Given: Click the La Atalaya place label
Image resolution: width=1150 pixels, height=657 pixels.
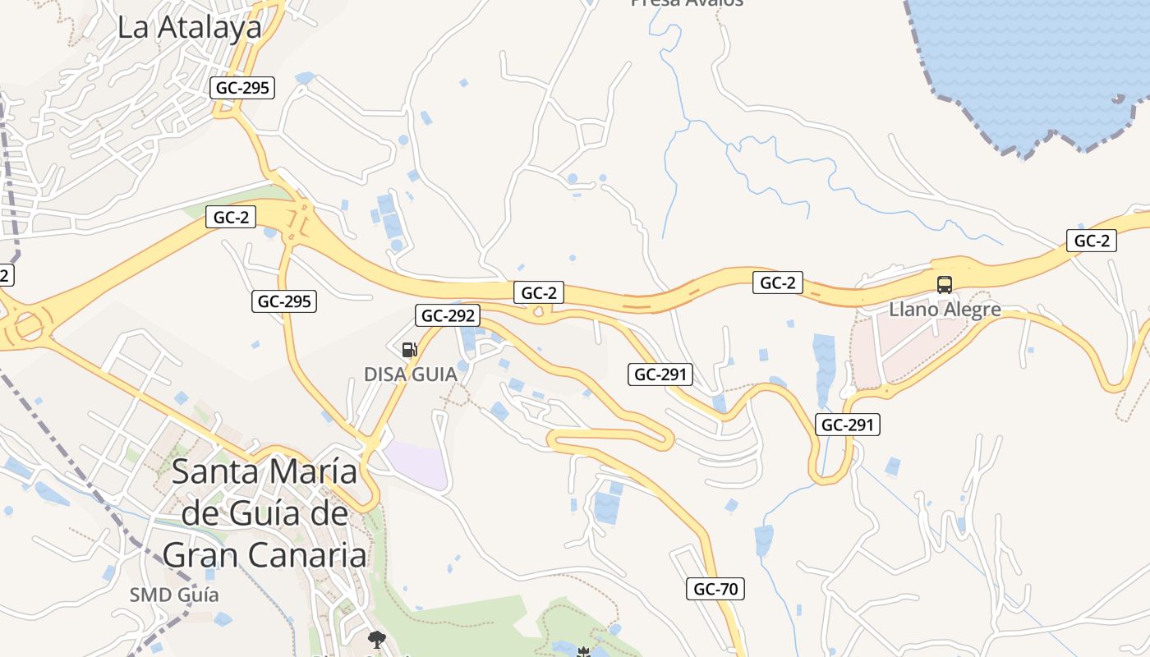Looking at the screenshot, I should point(189,27).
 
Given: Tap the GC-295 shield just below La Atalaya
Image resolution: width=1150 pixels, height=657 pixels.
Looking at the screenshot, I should point(241,88).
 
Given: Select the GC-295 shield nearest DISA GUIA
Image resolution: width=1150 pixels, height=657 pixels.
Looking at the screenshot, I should point(283,301).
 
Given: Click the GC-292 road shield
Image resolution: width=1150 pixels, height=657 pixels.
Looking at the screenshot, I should point(448,315).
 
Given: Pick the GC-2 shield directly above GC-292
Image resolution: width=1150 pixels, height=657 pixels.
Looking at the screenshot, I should point(540,292).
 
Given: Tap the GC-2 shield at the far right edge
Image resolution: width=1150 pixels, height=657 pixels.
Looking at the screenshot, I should point(1092,241).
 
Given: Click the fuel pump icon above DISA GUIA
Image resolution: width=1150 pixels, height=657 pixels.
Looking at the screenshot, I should point(410,350).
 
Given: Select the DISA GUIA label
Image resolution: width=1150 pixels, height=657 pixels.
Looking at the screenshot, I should point(410,374).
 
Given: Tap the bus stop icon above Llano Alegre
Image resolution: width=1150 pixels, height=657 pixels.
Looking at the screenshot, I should point(945,285).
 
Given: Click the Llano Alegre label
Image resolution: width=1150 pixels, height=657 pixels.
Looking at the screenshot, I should point(945,310).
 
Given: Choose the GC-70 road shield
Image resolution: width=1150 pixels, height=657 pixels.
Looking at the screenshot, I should point(715,589).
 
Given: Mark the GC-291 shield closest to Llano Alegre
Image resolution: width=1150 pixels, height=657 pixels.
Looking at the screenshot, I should point(848,425).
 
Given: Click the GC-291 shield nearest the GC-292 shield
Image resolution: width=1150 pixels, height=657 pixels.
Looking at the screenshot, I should point(660,374).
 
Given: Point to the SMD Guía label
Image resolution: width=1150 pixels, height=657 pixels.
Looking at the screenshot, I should point(174,595).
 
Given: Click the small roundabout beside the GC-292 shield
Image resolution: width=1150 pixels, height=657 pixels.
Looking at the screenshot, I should point(538,312).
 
